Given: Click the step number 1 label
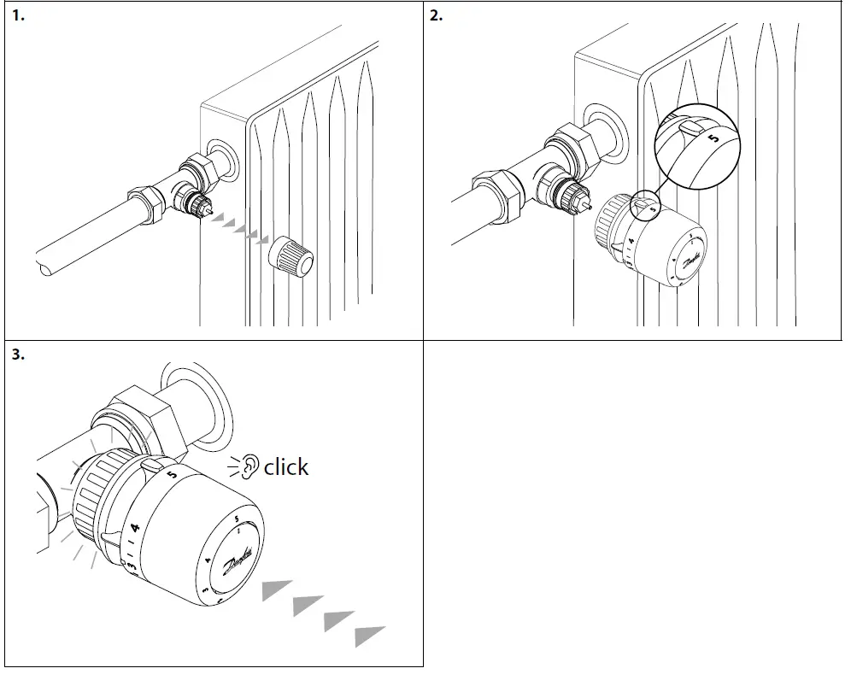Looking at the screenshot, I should pyautogui.click(x=17, y=17).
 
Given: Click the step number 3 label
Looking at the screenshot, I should pyautogui.click(x=18, y=355).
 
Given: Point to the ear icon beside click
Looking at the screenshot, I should pyautogui.click(x=249, y=466).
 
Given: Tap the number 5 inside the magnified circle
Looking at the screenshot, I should pyautogui.click(x=714, y=136).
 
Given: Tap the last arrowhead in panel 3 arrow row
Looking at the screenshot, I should pyautogui.click(x=368, y=636).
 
